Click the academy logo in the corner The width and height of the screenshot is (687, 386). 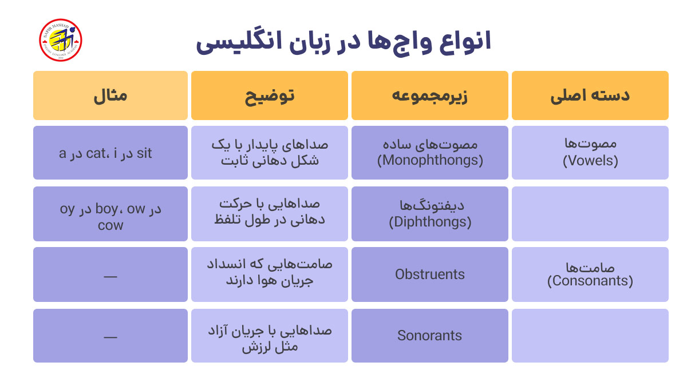(60, 40)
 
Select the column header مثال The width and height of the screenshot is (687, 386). (110, 95)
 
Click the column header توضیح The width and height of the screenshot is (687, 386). (269, 95)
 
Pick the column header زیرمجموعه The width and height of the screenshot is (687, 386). (429, 95)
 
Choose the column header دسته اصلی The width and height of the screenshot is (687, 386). (590, 95)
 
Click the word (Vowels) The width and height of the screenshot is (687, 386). (590, 161)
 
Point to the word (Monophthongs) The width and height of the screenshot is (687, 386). (430, 161)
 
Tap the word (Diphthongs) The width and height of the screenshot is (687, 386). (430, 221)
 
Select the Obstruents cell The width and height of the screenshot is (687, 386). (430, 274)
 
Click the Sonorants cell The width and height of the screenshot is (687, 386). (430, 336)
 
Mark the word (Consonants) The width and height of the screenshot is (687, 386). (590, 281)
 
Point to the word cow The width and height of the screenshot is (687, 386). (110, 225)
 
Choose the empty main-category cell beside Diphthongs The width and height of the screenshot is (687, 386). (590, 213)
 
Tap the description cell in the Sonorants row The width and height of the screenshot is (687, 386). (269, 336)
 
